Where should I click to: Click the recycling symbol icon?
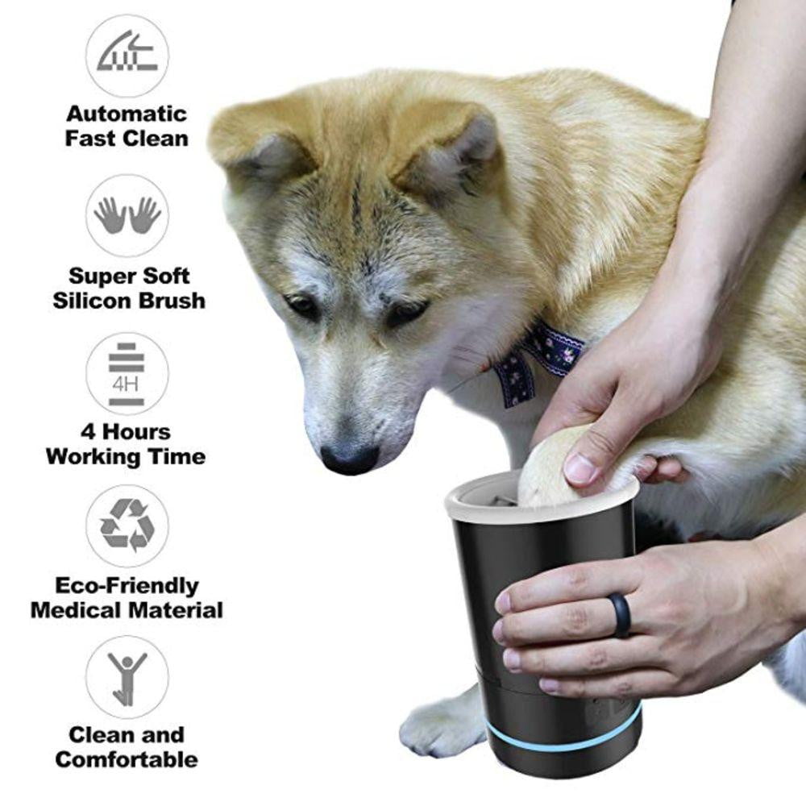tap(127, 526)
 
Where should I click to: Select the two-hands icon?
tap(127, 215)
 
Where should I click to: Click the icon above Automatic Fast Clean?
tap(127, 55)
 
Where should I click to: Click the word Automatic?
tap(127, 114)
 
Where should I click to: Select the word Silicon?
tap(89, 301)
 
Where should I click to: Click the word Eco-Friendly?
tap(127, 585)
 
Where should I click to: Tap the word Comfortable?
tap(127, 759)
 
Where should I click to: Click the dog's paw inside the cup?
tap(548, 476)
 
